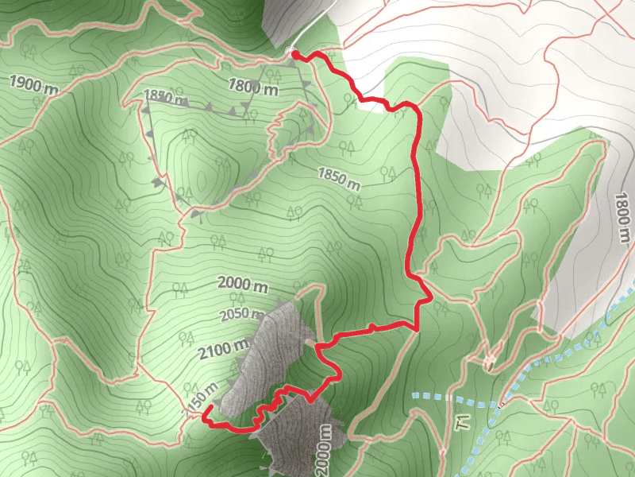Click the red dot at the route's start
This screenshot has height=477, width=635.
pyautogui.click(x=295, y=55)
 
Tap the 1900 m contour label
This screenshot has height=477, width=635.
pyautogui.click(x=34, y=82)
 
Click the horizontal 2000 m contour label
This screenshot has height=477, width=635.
pyautogui.click(x=242, y=284)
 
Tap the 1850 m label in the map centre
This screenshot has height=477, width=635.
pyautogui.click(x=339, y=177)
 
